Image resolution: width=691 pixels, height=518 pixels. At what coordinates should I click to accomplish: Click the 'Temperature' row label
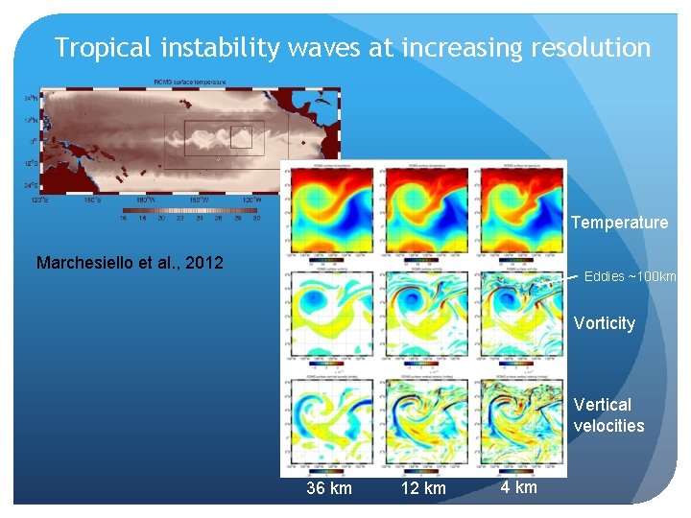(x=619, y=223)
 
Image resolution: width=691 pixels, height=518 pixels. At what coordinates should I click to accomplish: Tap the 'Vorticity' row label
(x=605, y=323)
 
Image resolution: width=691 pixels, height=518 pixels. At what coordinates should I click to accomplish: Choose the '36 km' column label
(x=329, y=488)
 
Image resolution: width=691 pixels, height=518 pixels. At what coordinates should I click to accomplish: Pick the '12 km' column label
(x=423, y=488)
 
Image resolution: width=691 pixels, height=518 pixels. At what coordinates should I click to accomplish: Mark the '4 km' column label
(x=519, y=487)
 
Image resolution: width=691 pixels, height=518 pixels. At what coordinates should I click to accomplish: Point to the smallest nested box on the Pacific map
(x=240, y=137)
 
